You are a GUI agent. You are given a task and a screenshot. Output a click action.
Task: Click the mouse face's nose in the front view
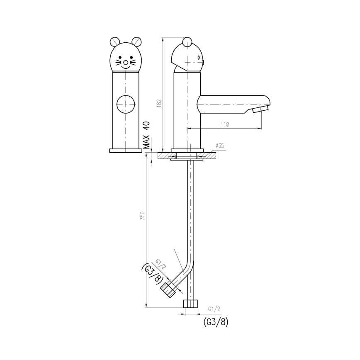125,63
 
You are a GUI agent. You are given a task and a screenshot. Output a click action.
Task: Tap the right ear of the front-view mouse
136,41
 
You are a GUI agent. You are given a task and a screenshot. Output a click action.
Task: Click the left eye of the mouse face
120,58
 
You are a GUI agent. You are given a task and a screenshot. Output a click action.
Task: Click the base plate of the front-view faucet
125,151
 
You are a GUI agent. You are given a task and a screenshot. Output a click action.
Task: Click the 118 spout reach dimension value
225,124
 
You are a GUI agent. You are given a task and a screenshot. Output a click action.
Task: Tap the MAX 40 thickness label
146,135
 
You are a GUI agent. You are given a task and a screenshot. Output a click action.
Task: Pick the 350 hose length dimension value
142,216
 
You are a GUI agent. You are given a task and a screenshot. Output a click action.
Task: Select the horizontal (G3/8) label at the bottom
216,322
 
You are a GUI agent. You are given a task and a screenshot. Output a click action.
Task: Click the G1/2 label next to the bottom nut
214,309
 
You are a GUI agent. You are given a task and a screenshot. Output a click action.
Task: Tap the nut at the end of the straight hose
191,303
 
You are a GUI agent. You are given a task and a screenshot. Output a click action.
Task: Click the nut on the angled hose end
168,289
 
